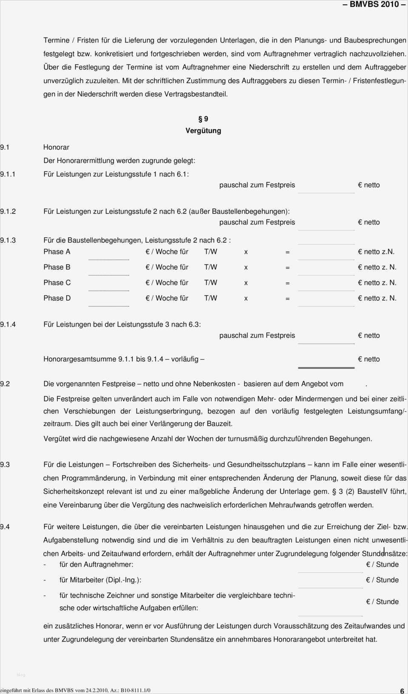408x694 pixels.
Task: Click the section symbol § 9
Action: tap(203, 119)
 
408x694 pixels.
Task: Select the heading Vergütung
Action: tap(203, 131)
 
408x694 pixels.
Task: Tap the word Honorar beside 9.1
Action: tap(56, 147)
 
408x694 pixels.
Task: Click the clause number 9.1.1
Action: tap(8, 174)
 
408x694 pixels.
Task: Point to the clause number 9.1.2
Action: tap(8, 211)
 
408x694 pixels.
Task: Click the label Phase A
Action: tap(57, 252)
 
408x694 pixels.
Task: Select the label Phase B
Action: tap(57, 267)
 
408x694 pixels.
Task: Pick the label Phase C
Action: tap(57, 283)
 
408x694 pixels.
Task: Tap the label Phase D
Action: tap(57, 298)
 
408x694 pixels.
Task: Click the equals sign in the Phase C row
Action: tap(288, 283)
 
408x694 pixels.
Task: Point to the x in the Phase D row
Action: tap(246, 299)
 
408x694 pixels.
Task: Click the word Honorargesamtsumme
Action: tap(79, 359)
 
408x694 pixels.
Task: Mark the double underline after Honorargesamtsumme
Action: tap(326, 367)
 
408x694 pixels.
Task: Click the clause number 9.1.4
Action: tap(8, 324)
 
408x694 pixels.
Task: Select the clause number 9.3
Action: tap(5, 465)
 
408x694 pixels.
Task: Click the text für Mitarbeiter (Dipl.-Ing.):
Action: tap(100, 580)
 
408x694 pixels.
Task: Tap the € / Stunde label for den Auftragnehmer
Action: tap(382, 565)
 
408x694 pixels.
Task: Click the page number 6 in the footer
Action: tap(402, 691)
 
